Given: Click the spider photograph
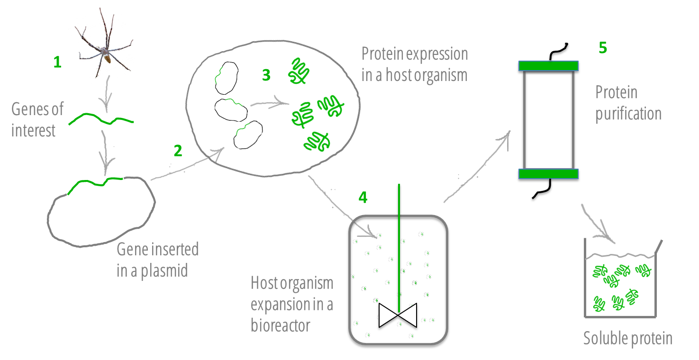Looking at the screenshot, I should (104, 45).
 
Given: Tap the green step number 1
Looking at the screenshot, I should (57, 62).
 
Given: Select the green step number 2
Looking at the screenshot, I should (178, 151).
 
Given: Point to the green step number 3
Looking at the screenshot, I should (266, 75).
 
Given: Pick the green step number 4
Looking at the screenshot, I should (363, 197).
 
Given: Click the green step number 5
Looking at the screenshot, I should (603, 48).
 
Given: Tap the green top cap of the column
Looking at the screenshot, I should (548, 66).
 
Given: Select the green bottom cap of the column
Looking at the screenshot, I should (548, 174).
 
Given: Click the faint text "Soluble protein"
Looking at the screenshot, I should (628, 338).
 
